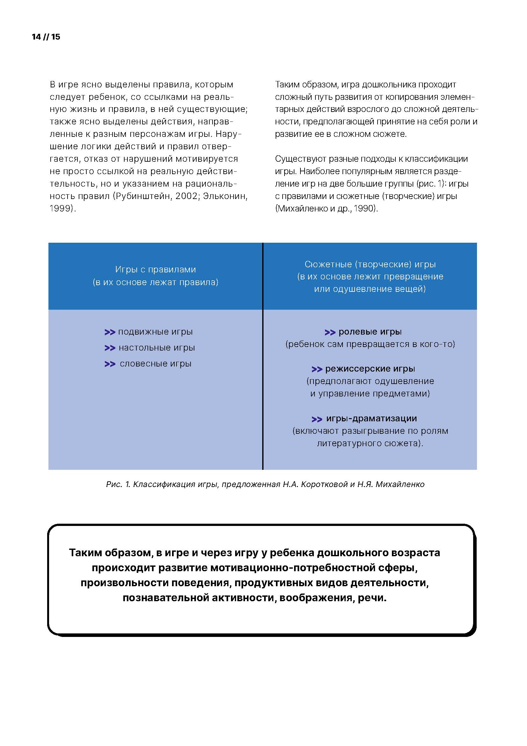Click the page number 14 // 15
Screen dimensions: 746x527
pos(46,37)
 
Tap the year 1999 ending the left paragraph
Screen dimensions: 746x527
pos(61,208)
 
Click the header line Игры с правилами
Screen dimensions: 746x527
pos(155,270)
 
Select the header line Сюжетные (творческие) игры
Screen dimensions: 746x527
pos(370,264)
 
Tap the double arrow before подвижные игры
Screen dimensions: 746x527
pos(110,332)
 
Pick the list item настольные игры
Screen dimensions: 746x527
pos(157,348)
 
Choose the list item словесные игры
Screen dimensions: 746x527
pos(155,364)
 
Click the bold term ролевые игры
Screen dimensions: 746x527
pos(370,332)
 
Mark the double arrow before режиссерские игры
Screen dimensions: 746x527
pos(317,369)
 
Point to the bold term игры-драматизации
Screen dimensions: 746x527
pos(372,418)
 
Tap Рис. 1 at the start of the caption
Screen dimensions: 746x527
pos(118,484)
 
